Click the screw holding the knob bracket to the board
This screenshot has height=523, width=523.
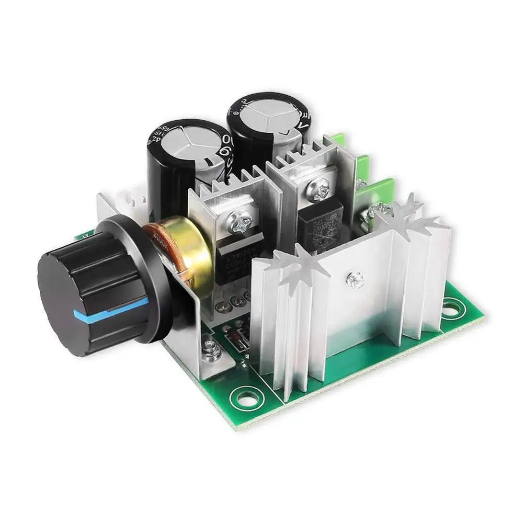(x=210, y=345)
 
